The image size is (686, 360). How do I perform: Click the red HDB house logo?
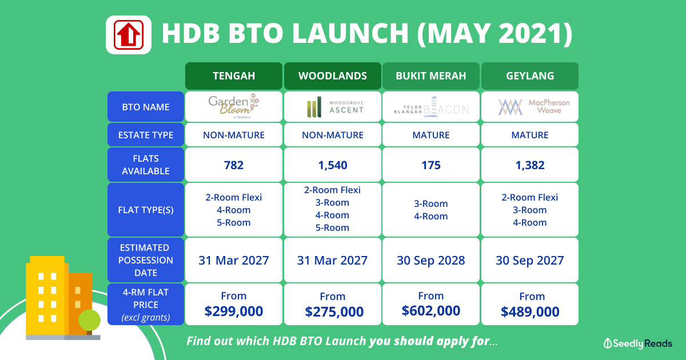click(129, 35)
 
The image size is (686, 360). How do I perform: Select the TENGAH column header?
click(234, 76)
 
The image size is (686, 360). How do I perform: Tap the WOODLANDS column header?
click(333, 76)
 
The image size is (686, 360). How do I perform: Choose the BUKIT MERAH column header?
click(431, 76)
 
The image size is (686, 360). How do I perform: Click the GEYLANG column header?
click(530, 76)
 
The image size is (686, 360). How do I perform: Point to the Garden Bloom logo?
click(234, 106)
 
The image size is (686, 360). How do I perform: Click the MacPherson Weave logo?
click(534, 106)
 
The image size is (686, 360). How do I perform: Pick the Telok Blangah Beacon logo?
click(431, 107)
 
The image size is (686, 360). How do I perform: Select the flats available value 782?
click(234, 165)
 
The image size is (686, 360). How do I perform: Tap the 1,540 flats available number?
click(333, 165)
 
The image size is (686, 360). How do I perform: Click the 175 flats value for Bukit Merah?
click(431, 165)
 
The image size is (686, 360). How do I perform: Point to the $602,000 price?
click(431, 311)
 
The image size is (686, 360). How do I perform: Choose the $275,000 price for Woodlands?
click(334, 311)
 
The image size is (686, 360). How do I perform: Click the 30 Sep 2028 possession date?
click(431, 261)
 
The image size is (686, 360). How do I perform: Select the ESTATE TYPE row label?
click(146, 135)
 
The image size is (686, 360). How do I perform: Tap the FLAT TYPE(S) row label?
click(146, 210)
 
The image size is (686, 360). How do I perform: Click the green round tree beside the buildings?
click(89, 320)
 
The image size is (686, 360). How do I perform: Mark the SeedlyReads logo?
click(638, 343)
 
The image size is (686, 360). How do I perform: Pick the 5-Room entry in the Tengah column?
click(234, 222)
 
